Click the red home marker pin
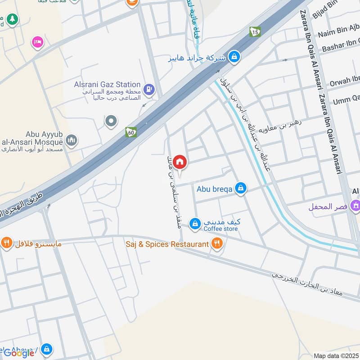coord(180,162)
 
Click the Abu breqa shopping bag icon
coord(241,188)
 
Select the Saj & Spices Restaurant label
coord(167,244)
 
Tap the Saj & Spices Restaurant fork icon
coord(217,244)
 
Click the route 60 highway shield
coord(131,133)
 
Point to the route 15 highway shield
coord(256,31)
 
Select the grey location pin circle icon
coord(111,121)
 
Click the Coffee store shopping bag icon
coord(194,223)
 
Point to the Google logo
coord(19,353)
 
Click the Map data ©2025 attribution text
coord(337,355)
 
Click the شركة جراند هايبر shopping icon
coord(234,57)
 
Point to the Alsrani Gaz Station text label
coord(107,84)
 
